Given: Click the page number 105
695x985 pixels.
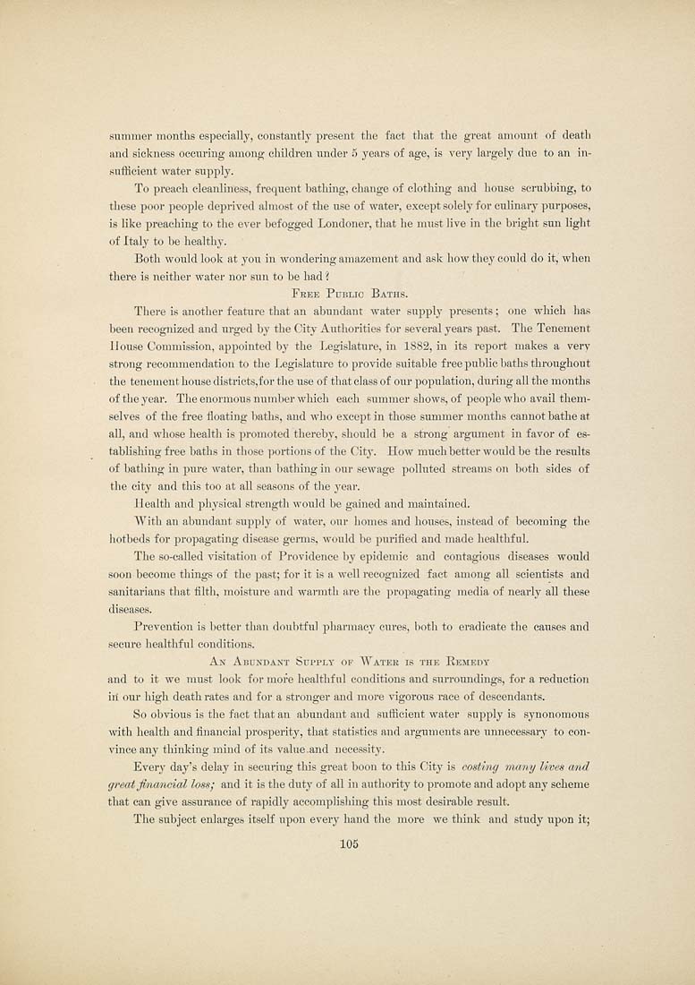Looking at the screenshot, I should click(348, 849).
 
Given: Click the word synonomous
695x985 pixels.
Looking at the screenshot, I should click(551, 714).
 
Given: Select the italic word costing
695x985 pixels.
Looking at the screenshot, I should click(484, 767).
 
